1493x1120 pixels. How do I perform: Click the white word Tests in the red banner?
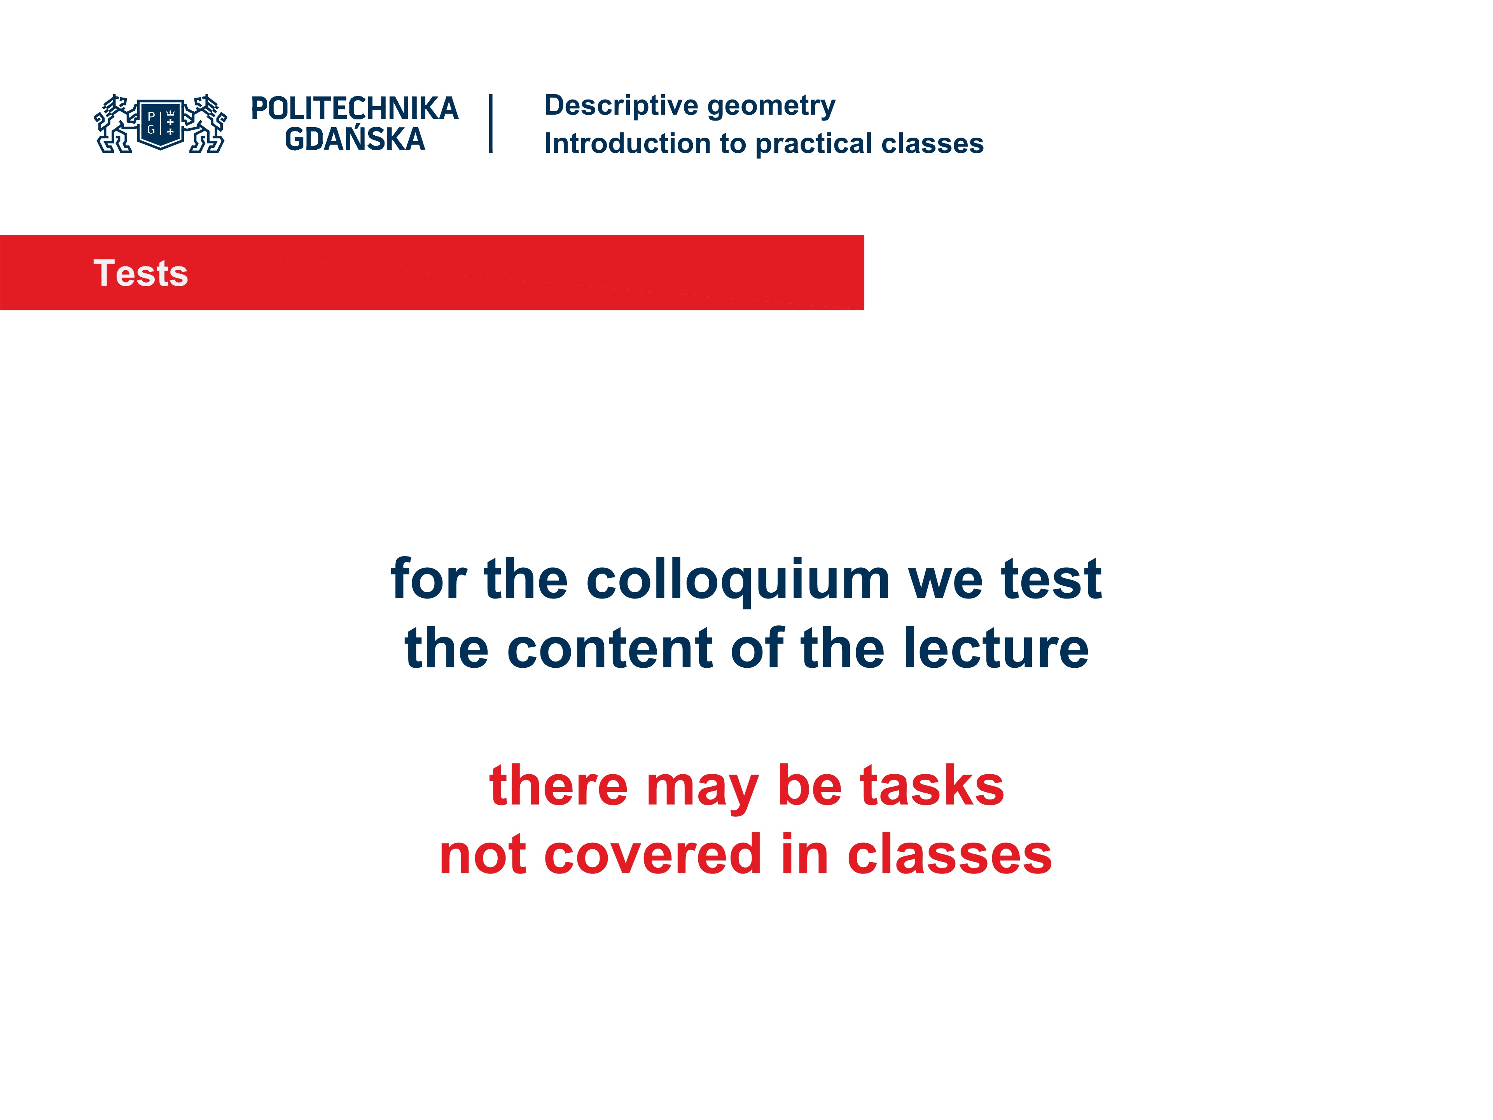click(x=140, y=273)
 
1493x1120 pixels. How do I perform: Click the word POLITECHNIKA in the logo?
click(x=354, y=108)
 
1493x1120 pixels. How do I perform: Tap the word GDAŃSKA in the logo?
click(x=354, y=139)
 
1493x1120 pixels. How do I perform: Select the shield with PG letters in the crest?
click(x=161, y=124)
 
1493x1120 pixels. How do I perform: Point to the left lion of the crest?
click(x=114, y=124)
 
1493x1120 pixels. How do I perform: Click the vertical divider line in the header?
click(x=491, y=124)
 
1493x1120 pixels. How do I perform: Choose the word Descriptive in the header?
click(x=621, y=105)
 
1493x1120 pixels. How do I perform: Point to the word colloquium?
click(x=738, y=579)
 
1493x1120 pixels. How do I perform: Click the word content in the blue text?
click(x=610, y=648)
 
